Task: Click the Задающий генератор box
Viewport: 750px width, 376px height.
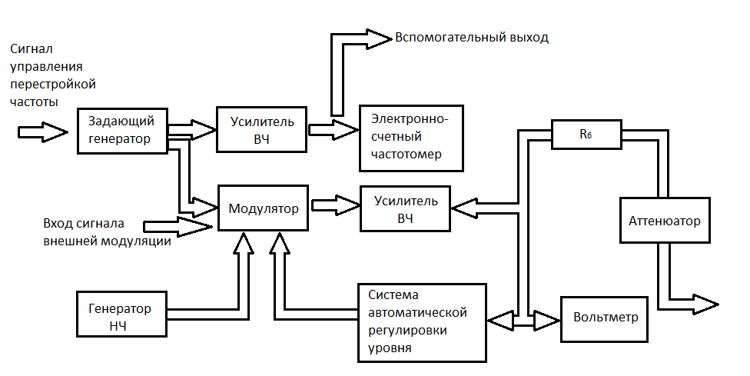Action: click(122, 131)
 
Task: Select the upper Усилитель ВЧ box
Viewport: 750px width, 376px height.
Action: click(261, 128)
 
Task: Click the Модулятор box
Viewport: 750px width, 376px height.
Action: click(264, 208)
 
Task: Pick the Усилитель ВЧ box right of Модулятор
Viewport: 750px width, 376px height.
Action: click(405, 208)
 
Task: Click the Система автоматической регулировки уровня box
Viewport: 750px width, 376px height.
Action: click(422, 322)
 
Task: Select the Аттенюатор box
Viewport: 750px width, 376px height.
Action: click(665, 221)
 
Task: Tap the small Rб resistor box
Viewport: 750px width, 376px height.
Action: click(586, 134)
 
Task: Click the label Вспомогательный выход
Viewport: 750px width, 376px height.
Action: click(472, 37)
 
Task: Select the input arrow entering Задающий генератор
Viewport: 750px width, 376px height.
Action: click(42, 131)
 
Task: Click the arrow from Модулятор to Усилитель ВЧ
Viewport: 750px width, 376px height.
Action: click(335, 207)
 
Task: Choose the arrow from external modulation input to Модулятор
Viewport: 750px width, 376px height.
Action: click(179, 225)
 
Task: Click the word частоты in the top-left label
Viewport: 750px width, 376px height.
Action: click(33, 101)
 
